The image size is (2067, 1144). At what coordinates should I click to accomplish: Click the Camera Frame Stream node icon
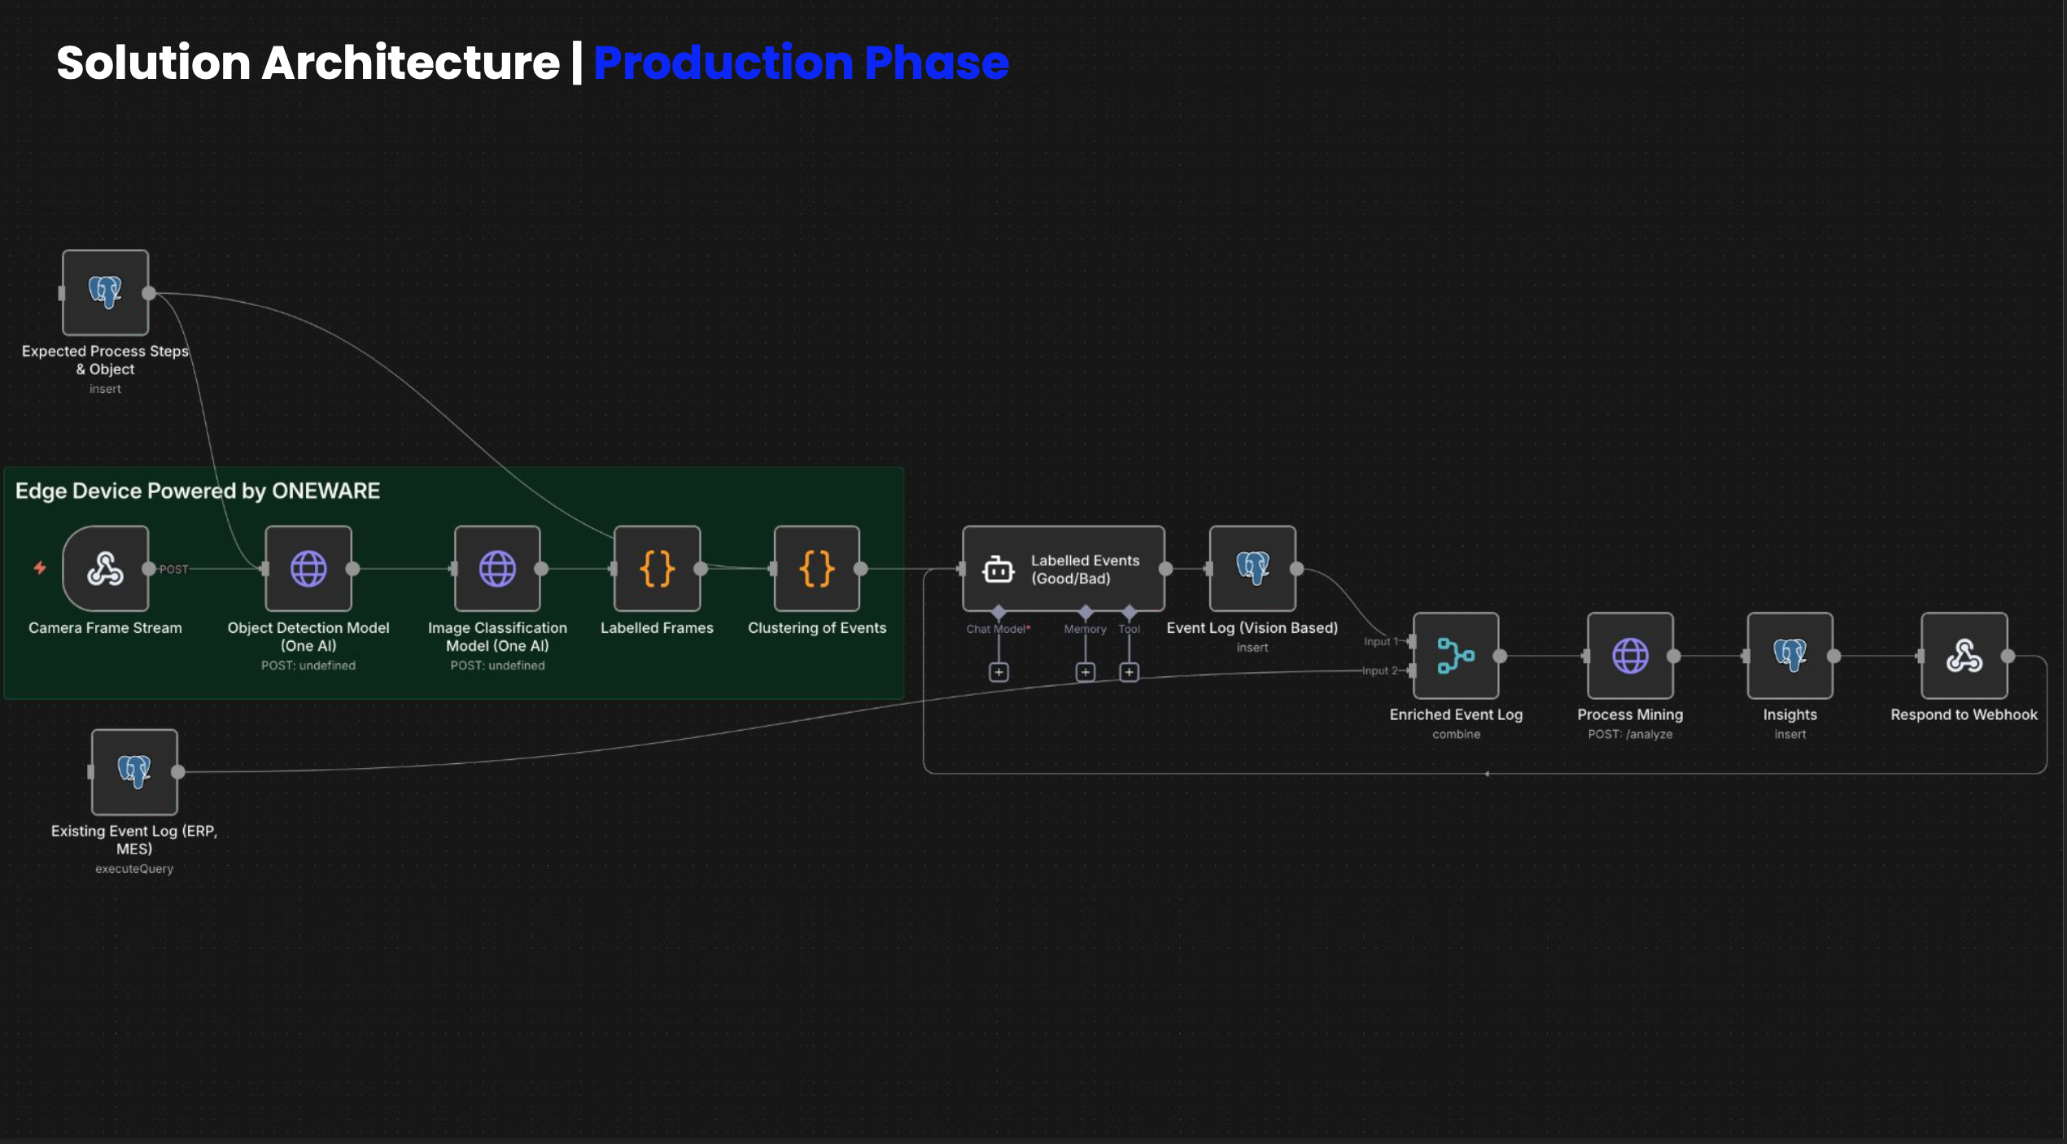tap(105, 568)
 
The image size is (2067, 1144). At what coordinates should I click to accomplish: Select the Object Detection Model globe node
tap(308, 568)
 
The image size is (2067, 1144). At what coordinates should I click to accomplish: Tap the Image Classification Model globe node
tap(497, 568)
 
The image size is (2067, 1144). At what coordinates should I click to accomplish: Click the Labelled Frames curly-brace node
tap(657, 568)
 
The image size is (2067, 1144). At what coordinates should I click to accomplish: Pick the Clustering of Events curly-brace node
tap(816, 568)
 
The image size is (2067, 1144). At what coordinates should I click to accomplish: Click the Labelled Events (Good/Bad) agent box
tap(1063, 569)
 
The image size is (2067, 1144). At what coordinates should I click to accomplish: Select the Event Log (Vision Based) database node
tap(1252, 568)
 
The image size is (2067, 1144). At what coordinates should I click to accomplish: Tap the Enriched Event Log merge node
tap(1456, 655)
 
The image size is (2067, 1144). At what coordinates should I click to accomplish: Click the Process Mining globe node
tap(1630, 655)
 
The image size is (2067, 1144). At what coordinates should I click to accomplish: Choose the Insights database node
tap(1790, 655)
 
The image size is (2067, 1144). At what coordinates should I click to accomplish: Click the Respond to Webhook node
tap(1964, 655)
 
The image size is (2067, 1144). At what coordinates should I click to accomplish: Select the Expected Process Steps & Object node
tap(105, 292)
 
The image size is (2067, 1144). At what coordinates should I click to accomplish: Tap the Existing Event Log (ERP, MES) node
tap(134, 771)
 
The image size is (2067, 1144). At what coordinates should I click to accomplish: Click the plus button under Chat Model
tap(999, 672)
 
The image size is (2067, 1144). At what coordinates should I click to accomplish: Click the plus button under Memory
tap(1085, 672)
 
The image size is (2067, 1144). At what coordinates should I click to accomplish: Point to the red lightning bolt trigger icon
tap(40, 568)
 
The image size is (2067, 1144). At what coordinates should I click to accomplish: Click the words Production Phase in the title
tap(801, 63)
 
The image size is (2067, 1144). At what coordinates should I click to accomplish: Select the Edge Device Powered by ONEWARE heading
tap(198, 491)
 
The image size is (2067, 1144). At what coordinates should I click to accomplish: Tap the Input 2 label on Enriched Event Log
tap(1379, 670)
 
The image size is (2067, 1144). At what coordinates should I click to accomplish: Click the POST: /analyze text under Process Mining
tap(1630, 734)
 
